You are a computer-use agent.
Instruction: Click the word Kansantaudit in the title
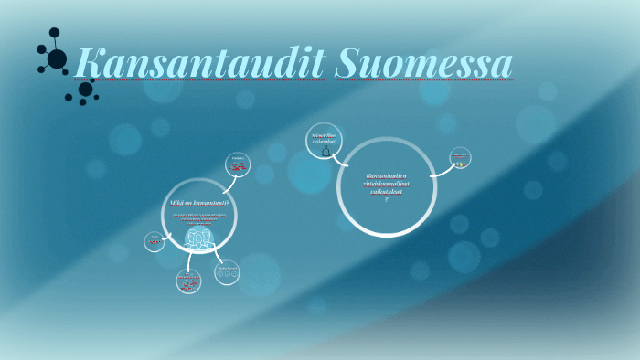(199, 63)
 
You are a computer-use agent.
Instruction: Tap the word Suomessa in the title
(422, 63)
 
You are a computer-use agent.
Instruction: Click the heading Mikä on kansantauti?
(199, 202)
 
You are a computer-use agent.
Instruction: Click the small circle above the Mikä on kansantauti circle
(238, 165)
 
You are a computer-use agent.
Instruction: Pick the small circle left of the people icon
(155, 241)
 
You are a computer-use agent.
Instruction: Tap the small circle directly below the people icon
(188, 281)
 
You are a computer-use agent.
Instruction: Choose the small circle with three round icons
(228, 272)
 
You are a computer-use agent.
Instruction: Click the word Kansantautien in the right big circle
(386, 175)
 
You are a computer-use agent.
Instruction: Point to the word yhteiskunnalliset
(386, 184)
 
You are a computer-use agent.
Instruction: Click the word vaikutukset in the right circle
(386, 192)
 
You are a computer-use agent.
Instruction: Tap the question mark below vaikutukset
(386, 200)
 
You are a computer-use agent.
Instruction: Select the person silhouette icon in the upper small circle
(325, 152)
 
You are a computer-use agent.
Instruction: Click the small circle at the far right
(460, 158)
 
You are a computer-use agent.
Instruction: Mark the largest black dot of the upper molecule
(57, 59)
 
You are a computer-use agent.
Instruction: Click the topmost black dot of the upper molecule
(54, 32)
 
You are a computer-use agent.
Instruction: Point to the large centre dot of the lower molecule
(86, 90)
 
